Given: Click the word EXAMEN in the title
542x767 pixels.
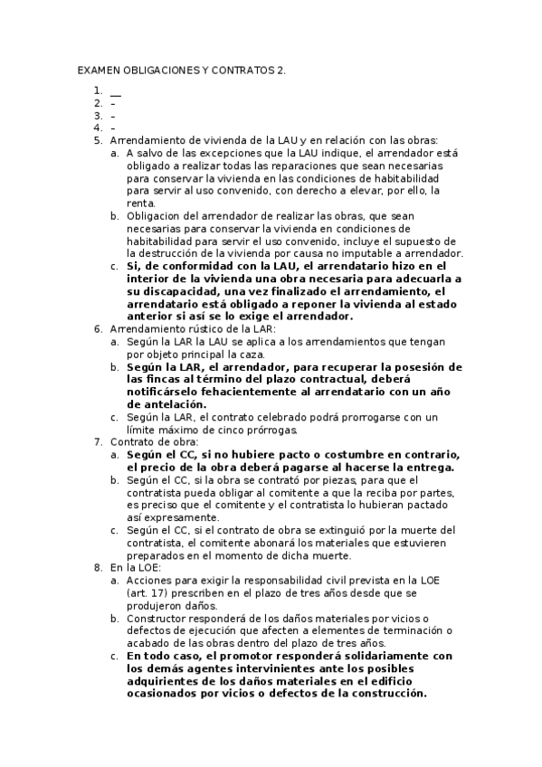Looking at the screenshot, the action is pyautogui.click(x=95, y=70).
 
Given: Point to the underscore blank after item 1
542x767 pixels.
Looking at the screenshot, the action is pyautogui.click(x=115, y=92).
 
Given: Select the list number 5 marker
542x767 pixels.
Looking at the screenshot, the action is pyautogui.click(x=97, y=140).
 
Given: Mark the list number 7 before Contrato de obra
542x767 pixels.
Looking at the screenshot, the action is pyautogui.click(x=97, y=442).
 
